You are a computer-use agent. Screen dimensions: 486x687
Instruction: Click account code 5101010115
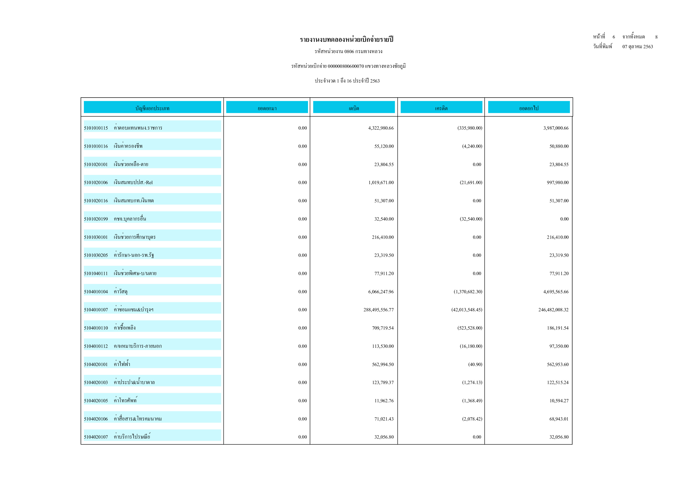click(96, 128)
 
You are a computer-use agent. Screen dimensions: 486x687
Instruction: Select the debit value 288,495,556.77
click(379, 310)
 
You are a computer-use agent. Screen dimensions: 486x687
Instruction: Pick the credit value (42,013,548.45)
click(467, 310)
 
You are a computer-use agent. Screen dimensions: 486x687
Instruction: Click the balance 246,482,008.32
click(553, 310)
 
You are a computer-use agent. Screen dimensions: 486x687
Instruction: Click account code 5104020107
click(96, 437)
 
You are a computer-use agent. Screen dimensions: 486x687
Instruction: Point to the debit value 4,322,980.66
click(381, 128)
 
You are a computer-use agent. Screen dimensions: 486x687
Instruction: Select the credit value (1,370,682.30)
click(468, 292)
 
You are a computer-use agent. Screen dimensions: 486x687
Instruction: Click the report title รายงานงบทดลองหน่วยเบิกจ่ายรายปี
click(346, 39)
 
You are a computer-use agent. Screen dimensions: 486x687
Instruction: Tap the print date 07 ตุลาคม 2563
click(638, 47)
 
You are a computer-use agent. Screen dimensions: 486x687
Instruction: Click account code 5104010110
click(96, 328)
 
